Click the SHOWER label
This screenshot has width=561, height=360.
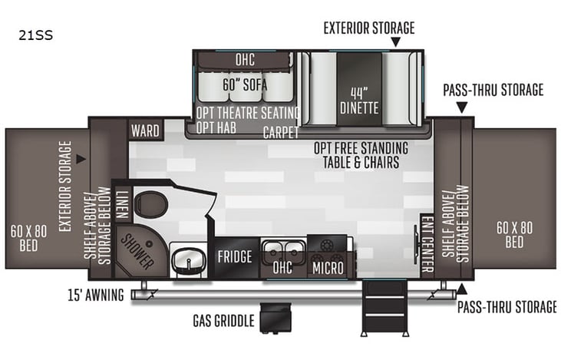(x=137, y=250)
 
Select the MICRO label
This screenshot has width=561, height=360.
(x=328, y=269)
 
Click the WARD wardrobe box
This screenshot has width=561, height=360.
(x=144, y=130)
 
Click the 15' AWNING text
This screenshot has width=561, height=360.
(x=95, y=295)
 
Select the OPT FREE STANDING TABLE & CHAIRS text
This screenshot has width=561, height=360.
(x=361, y=153)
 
